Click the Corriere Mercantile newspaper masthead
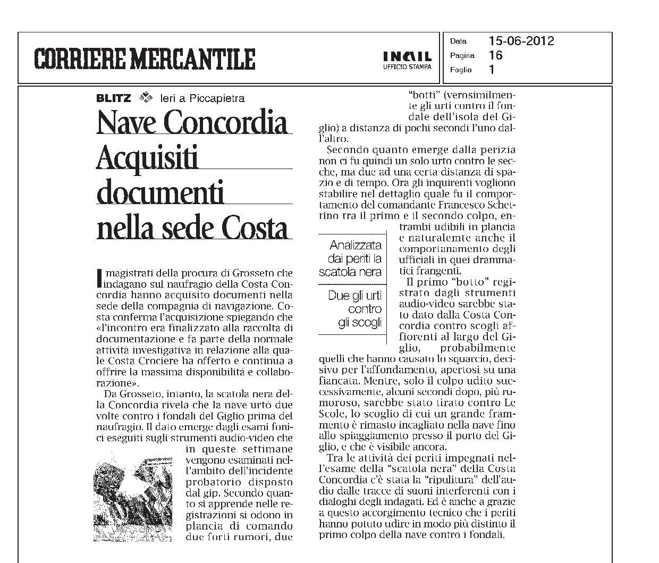point(145,58)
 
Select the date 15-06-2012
point(521,41)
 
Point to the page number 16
point(495,55)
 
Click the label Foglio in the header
point(461,70)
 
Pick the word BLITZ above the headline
point(113,98)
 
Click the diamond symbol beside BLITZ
point(145,97)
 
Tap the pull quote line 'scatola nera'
point(350,272)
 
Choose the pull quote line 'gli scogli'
point(360,322)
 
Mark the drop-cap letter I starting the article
point(99,277)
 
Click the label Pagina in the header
point(462,55)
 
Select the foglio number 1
point(492,69)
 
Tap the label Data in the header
point(458,41)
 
